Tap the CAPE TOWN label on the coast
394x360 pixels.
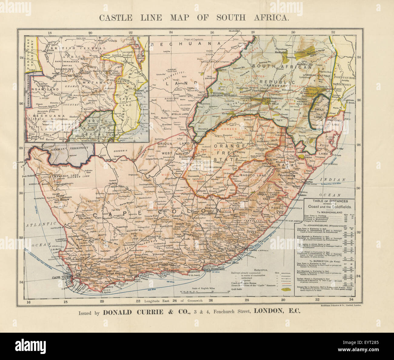61,278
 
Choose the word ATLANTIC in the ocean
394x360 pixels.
35,225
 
